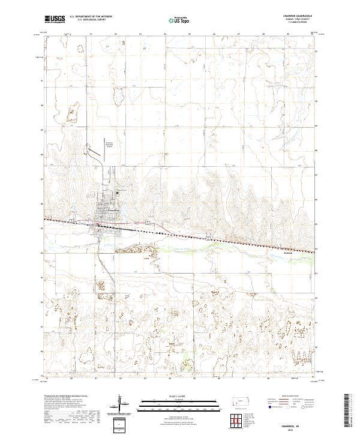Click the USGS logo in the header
point(55,19)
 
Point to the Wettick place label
point(287,253)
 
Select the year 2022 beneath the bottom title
point(302,430)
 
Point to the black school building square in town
point(118,193)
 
